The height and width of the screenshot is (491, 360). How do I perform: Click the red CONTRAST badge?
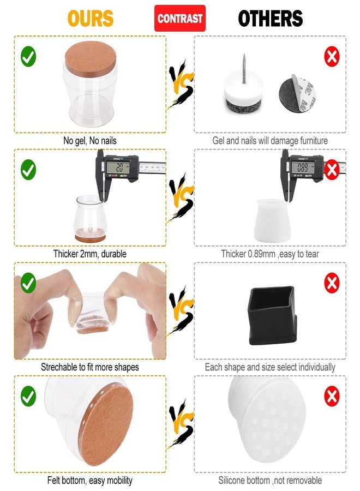179,18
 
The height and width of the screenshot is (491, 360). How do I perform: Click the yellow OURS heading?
91,19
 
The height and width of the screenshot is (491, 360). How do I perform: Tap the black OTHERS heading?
271,19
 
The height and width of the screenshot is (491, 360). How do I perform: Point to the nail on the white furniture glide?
244,69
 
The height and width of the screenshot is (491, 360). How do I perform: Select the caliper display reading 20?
118,167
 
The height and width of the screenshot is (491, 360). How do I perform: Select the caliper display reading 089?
303,167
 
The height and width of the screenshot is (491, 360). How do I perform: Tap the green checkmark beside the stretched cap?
28,283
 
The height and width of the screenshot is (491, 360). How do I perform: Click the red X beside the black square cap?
332,283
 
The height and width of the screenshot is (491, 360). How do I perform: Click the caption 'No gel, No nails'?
90,141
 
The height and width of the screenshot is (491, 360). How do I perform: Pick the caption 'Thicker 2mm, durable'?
90,254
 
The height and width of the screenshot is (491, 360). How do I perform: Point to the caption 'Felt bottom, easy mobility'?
90,480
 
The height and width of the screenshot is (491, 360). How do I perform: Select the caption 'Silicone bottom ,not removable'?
270,480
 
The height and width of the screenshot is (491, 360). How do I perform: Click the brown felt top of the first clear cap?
91,59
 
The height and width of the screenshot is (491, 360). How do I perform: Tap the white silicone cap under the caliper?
272,220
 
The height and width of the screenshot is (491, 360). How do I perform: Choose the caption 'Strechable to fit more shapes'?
90,367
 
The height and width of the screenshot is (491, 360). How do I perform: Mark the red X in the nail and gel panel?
332,56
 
